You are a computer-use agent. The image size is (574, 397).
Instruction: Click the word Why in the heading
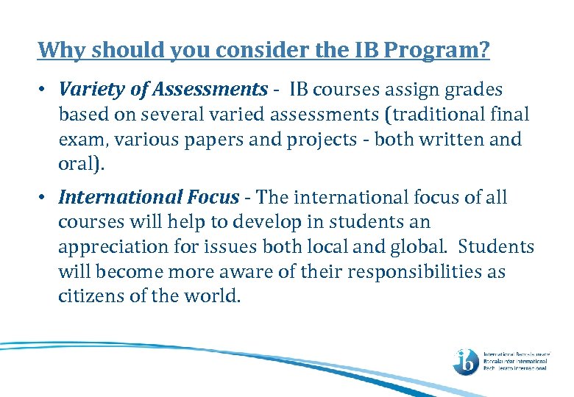click(x=59, y=50)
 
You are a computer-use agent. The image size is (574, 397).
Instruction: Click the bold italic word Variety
click(x=88, y=90)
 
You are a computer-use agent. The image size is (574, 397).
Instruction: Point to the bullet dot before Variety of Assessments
click(x=44, y=90)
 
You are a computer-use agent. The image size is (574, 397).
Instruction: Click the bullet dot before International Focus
click(x=44, y=197)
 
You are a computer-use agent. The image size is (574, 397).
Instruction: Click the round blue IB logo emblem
click(x=466, y=361)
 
